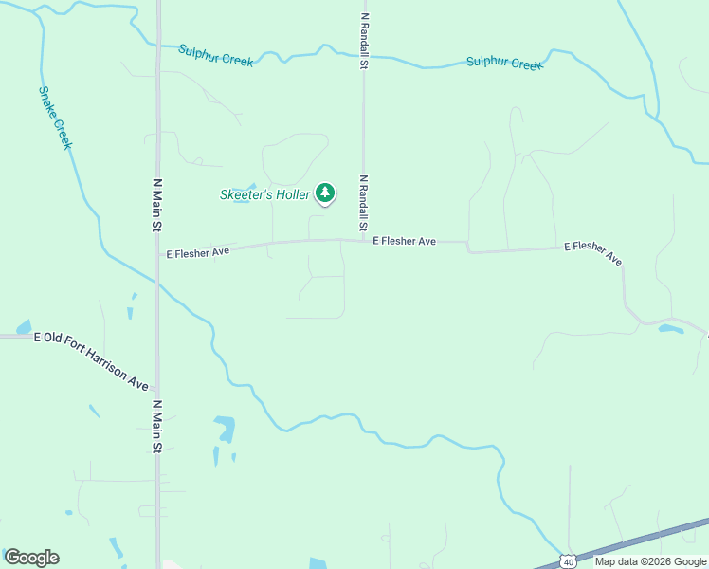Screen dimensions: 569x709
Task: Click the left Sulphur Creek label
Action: pyautogui.click(x=216, y=56)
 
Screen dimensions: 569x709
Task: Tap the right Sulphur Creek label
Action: pyautogui.click(x=503, y=64)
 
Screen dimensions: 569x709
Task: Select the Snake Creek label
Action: pyautogui.click(x=56, y=119)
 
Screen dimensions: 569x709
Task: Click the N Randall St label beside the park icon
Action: pyautogui.click(x=363, y=203)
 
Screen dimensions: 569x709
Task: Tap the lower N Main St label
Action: pyautogui.click(x=158, y=426)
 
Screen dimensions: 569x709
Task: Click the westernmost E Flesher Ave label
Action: pyautogui.click(x=198, y=253)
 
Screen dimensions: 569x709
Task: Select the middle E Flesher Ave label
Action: pyautogui.click(x=404, y=242)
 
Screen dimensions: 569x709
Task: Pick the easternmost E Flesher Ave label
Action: pyautogui.click(x=593, y=251)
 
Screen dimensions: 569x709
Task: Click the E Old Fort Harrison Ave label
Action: pyautogui.click(x=91, y=360)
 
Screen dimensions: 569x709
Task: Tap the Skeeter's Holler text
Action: pyautogui.click(x=264, y=194)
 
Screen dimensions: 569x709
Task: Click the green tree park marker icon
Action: pyautogui.click(x=325, y=193)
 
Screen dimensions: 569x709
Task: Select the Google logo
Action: pyautogui.click(x=31, y=558)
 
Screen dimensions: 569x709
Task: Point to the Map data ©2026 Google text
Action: pyautogui.click(x=650, y=561)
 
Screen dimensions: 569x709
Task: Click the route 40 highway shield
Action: pyautogui.click(x=567, y=560)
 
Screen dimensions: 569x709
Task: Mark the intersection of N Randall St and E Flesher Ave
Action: pyautogui.click(x=363, y=240)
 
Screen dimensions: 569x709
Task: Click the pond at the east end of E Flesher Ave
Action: pyautogui.click(x=671, y=329)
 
